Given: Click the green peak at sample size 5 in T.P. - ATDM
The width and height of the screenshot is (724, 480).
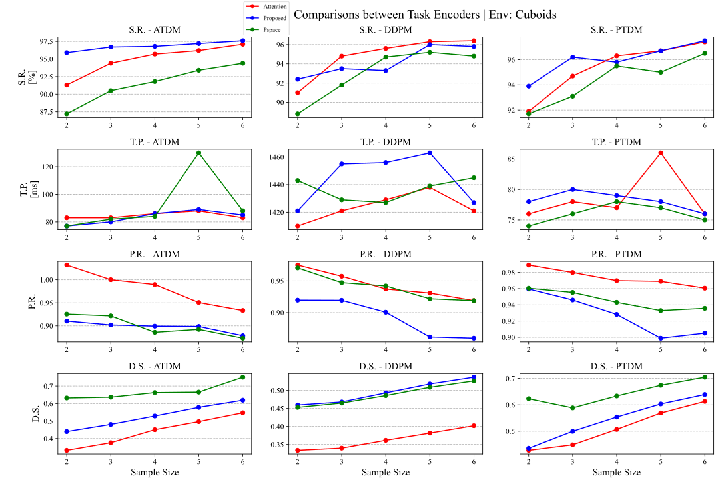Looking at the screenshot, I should [x=198, y=153].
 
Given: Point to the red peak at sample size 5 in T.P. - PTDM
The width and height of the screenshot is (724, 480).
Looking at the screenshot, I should [x=661, y=153].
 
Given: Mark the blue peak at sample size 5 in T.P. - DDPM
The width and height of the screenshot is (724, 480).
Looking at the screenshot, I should [x=430, y=153].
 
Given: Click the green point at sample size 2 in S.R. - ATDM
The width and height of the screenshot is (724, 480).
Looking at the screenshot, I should [x=67, y=113].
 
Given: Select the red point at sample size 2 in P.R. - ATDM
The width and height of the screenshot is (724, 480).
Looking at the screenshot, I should [x=67, y=265].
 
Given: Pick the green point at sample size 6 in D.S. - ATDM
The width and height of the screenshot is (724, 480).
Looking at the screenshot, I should [x=242, y=377].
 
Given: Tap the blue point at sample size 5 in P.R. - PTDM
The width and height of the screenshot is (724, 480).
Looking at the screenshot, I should [x=661, y=338].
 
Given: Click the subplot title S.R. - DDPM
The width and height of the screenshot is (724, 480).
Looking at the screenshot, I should [x=385, y=29].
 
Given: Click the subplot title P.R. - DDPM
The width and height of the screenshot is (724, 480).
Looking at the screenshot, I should [x=385, y=253].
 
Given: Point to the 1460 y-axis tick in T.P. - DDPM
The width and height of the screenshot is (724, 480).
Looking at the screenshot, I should [x=276, y=157].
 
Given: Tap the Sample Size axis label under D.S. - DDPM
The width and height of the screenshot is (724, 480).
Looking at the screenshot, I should [x=386, y=472].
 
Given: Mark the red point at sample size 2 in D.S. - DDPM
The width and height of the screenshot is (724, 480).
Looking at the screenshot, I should [x=297, y=451].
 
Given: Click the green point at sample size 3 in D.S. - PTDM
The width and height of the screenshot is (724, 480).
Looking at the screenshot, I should [x=572, y=408].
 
